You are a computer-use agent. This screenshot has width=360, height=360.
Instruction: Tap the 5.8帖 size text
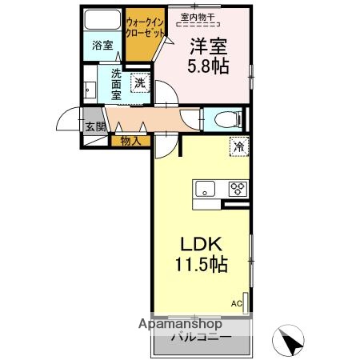pyautogui.click(x=210, y=67)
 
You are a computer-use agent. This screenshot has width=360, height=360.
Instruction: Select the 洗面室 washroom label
pyautogui.click(x=117, y=83)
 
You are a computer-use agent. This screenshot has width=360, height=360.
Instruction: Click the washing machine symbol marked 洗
pyautogui.click(x=140, y=81)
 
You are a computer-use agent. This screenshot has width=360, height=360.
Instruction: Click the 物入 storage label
pyautogui.click(x=130, y=142)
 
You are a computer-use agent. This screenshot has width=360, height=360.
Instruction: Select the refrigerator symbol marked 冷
pyautogui.click(x=238, y=146)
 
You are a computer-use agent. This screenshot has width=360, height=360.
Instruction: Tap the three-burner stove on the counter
pyautogui.click(x=238, y=190)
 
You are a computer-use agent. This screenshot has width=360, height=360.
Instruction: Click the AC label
pyautogui.click(x=237, y=303)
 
